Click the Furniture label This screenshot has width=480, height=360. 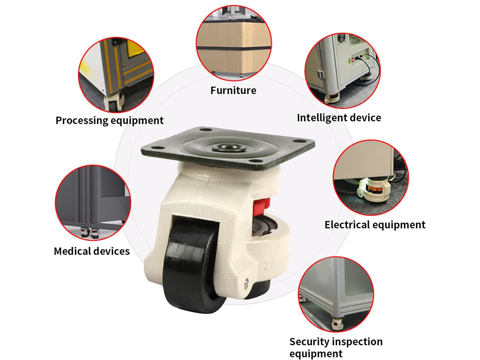tap(233, 90)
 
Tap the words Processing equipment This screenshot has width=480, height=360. tap(110, 120)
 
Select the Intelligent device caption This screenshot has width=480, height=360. tap(339, 118)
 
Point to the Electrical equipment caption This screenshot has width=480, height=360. tap(375, 225)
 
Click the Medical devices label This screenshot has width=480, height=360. tap(92, 251)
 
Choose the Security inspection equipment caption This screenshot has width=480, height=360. tap(336, 347)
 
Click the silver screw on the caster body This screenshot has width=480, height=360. tap(247, 282)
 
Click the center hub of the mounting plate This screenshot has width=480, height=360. tap(229, 148)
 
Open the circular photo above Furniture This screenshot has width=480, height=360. tap(234, 43)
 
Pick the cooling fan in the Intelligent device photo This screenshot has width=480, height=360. tap(342, 38)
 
